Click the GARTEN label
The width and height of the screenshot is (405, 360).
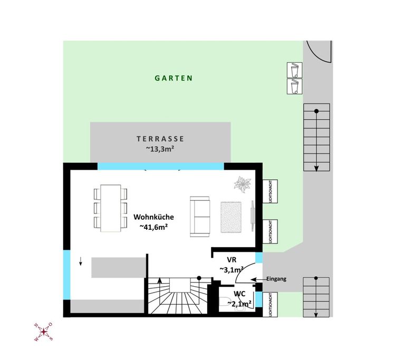click(x=173, y=78)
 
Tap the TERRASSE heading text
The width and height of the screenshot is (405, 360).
click(x=160, y=139)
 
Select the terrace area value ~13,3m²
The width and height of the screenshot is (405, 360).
click(x=160, y=149)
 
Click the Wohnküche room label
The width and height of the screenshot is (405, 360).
click(x=153, y=217)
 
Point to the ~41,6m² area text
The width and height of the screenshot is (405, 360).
click(x=153, y=227)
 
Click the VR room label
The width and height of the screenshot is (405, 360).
click(x=232, y=259)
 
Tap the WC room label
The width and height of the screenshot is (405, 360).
click(x=240, y=294)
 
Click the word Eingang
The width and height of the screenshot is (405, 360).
click(x=276, y=279)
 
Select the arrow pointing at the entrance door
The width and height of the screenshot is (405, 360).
click(x=258, y=279)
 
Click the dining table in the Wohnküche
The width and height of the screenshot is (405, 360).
click(x=111, y=208)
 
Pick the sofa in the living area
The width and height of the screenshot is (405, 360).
click(x=200, y=217)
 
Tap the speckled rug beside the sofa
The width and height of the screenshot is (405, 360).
click(x=231, y=217)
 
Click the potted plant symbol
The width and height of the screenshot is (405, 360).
click(x=242, y=184)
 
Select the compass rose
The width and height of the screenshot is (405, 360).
click(x=44, y=332)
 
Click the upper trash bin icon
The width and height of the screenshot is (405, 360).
click(x=294, y=70)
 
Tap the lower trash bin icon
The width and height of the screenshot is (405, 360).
click(x=294, y=86)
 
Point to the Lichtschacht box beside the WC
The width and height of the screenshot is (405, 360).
click(x=270, y=305)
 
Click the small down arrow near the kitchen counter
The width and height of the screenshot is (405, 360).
click(x=81, y=261)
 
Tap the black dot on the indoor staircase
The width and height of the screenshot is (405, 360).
click(x=199, y=278)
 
